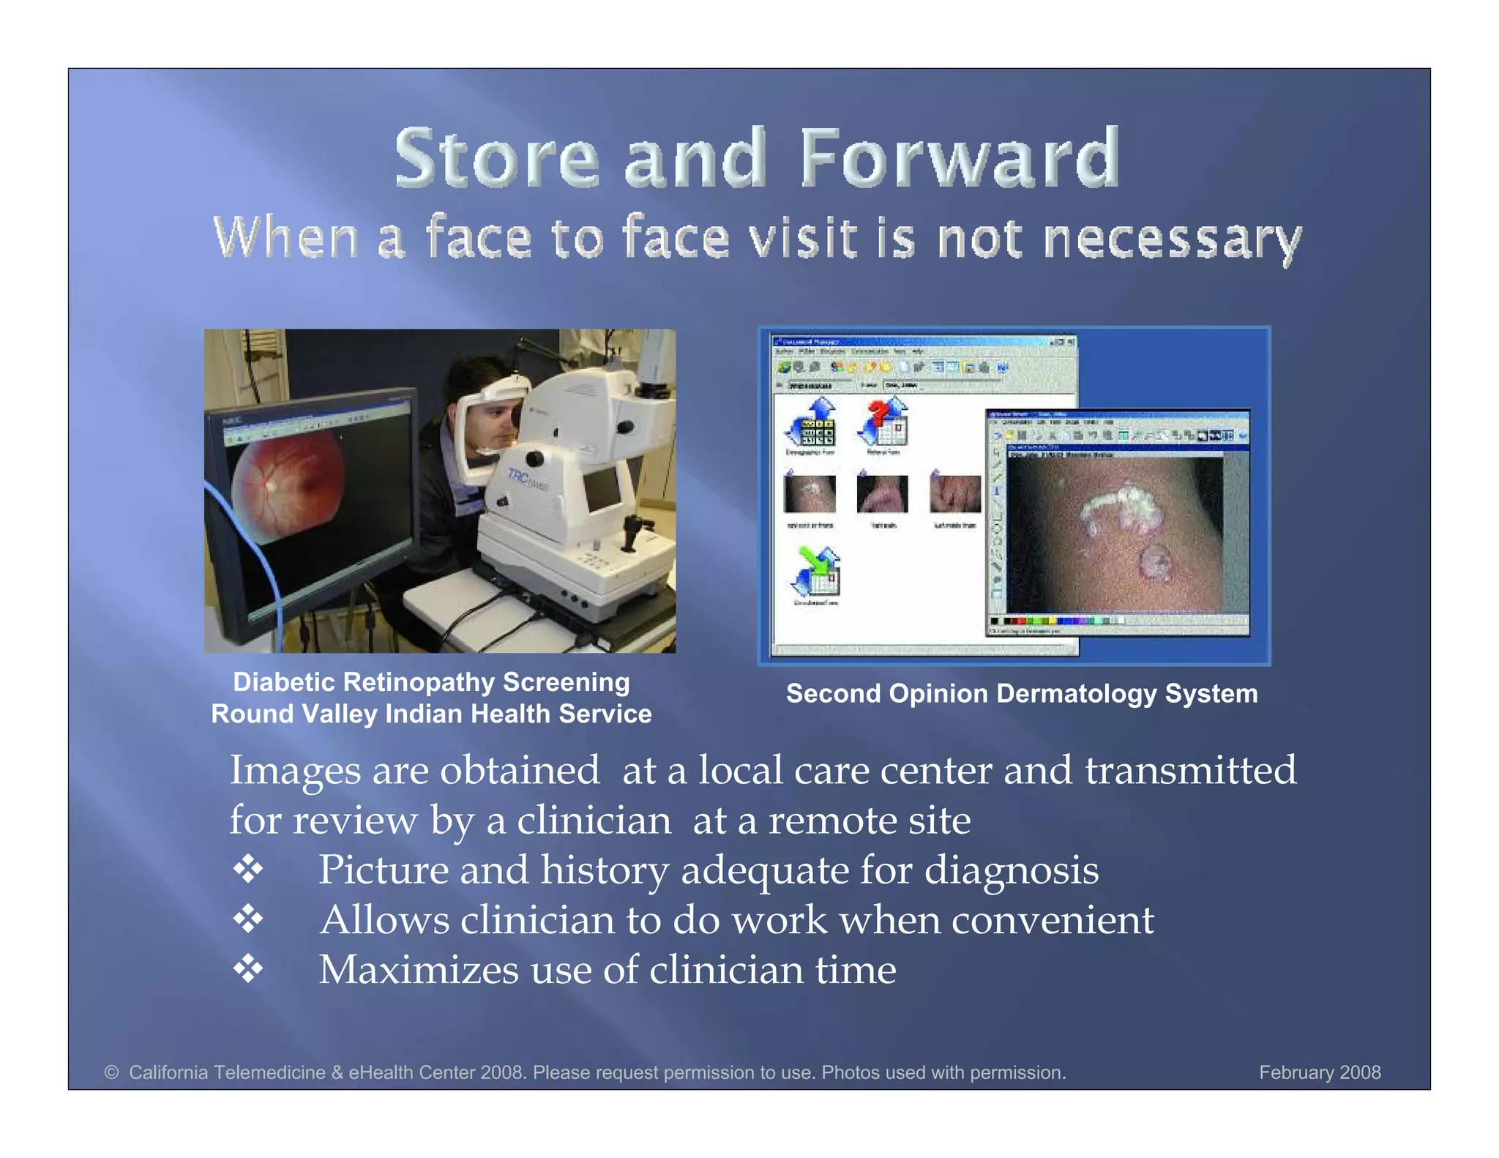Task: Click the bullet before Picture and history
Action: [x=248, y=869]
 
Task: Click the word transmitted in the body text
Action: [x=1189, y=770]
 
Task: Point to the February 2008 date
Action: [x=1319, y=1072]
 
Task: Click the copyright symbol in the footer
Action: [x=111, y=1072]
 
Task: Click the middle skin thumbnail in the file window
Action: [x=882, y=494]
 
